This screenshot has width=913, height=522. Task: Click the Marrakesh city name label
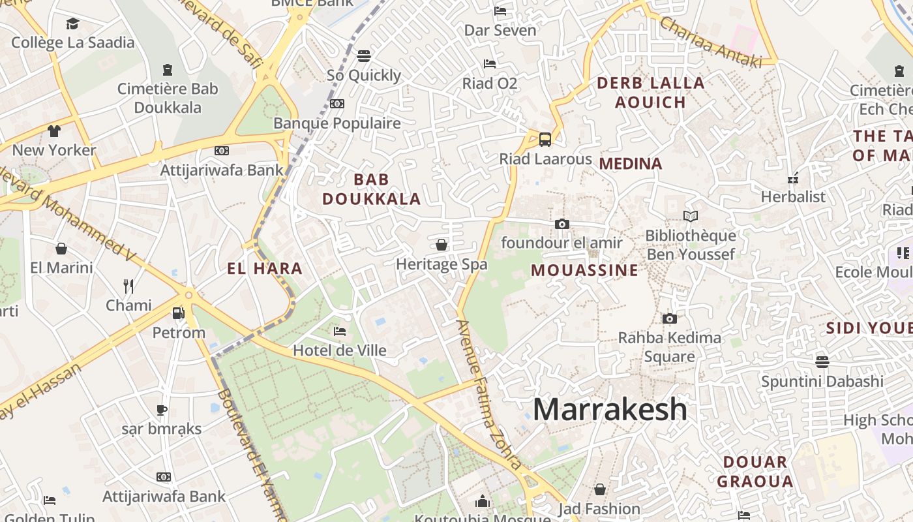pos(610,410)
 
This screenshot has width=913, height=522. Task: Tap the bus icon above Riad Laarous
pos(545,139)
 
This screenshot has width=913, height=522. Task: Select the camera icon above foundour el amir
pos(561,224)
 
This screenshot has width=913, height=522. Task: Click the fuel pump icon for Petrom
pos(178,313)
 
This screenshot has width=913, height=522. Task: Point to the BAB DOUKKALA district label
pos(372,189)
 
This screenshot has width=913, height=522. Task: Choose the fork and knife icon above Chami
pos(128,286)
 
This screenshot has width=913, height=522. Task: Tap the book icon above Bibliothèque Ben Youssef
pos(690,216)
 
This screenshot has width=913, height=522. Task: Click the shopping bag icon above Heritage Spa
pos(442,245)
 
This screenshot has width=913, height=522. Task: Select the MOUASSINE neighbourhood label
pos(584,270)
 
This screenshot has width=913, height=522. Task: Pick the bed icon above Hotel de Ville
pos(339,331)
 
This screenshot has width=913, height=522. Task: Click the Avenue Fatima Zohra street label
pos(489,394)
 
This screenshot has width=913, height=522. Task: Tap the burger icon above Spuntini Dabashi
pos(822,361)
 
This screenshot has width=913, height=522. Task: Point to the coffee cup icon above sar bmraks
pos(162,410)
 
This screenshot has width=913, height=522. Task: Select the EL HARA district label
pos(265,268)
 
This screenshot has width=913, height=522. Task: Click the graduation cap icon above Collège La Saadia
pos(72,24)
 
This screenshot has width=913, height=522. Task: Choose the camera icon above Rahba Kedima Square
pos(669,318)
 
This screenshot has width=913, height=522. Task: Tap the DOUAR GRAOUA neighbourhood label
pos(755,472)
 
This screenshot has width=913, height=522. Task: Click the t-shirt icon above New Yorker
pos(54,130)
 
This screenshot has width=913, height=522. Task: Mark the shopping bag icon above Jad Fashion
pos(599,489)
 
